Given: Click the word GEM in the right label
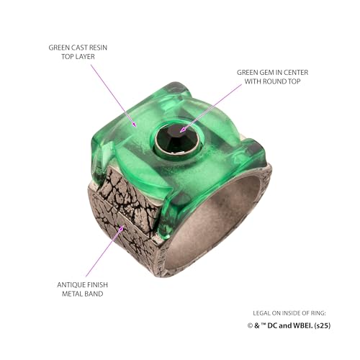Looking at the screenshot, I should click(x=269, y=73).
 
